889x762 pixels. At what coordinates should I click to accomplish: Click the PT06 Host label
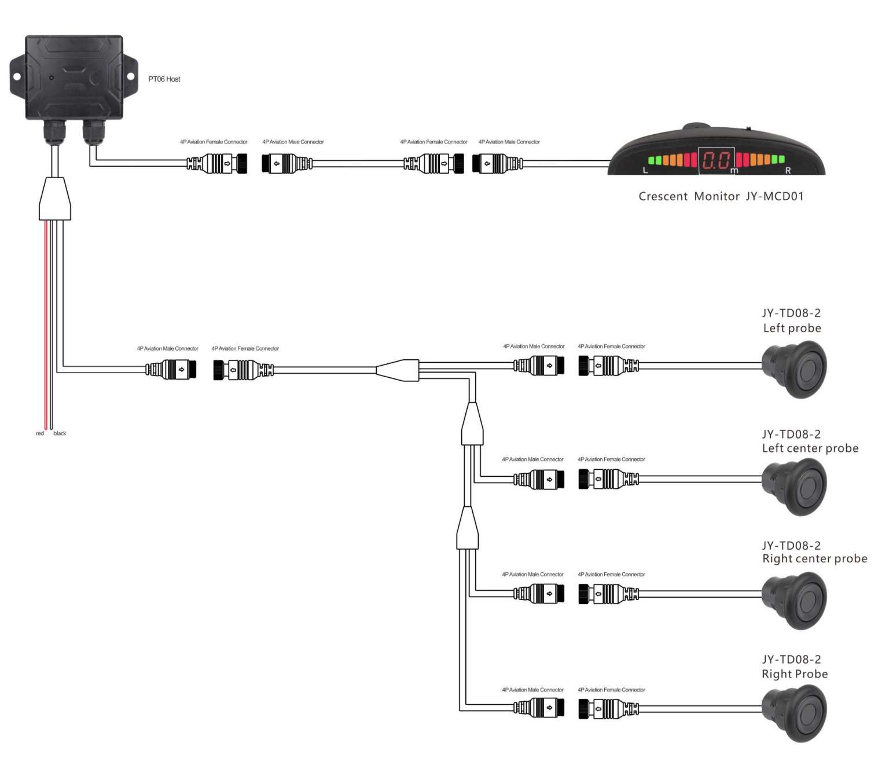pyautogui.click(x=164, y=79)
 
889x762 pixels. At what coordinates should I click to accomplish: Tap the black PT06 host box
pyautogui.click(x=74, y=78)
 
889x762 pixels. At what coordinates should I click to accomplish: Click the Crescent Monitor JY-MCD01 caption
pyautogui.click(x=721, y=196)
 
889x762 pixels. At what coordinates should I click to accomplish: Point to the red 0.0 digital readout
pyautogui.click(x=716, y=160)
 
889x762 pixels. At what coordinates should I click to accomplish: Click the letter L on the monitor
pyautogui.click(x=646, y=170)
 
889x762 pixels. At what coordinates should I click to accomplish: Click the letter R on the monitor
pyautogui.click(x=788, y=170)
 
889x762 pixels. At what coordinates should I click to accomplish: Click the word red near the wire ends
pyautogui.click(x=40, y=433)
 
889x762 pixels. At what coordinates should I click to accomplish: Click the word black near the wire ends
pyautogui.click(x=60, y=433)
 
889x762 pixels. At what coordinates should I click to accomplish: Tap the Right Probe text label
pyautogui.click(x=795, y=674)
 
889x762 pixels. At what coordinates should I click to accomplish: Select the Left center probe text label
pyautogui.click(x=810, y=448)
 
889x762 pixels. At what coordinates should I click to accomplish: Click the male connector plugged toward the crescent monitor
pyautogui.click(x=497, y=164)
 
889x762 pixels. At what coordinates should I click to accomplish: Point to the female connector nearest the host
pyautogui.click(x=217, y=164)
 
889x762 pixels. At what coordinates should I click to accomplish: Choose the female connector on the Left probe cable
pyautogui.click(x=608, y=366)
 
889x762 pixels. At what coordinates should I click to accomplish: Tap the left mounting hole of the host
pyautogui.click(x=17, y=76)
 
